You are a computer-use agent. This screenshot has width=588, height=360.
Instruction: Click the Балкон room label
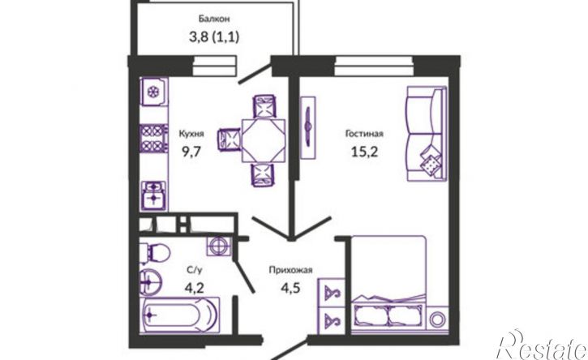click(214, 19)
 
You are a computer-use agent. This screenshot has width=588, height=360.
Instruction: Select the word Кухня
click(191, 134)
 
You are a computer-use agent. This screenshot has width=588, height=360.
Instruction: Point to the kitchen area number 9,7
click(191, 152)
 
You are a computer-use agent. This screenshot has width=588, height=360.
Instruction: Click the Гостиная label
click(364, 134)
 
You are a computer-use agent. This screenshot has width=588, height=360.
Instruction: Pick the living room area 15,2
click(364, 152)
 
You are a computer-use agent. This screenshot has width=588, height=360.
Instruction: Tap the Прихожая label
click(290, 270)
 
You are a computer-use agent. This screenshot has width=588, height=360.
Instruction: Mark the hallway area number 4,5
click(290, 289)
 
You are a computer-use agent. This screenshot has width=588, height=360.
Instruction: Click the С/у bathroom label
click(195, 270)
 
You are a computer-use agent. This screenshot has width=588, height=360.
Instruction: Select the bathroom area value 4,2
click(195, 288)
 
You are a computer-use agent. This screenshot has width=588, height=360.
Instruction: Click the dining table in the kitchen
click(264, 140)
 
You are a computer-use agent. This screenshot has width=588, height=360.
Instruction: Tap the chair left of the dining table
click(229, 140)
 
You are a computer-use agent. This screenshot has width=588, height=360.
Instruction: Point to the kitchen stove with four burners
click(153, 138)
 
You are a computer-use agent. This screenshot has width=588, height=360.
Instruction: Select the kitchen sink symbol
click(153, 195)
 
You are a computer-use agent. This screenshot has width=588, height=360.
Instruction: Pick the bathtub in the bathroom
click(179, 315)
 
